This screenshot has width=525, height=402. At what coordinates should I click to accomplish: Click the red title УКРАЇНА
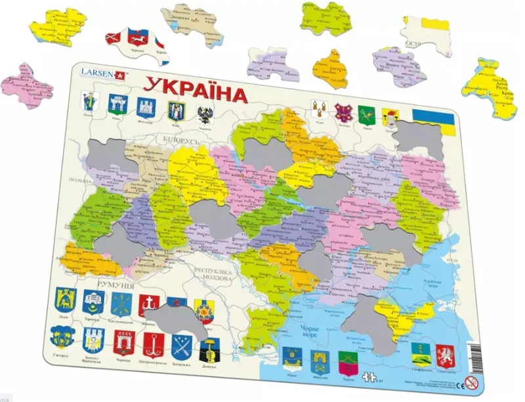(196, 91)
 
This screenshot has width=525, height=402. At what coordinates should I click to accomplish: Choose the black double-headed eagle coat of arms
(205, 116)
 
